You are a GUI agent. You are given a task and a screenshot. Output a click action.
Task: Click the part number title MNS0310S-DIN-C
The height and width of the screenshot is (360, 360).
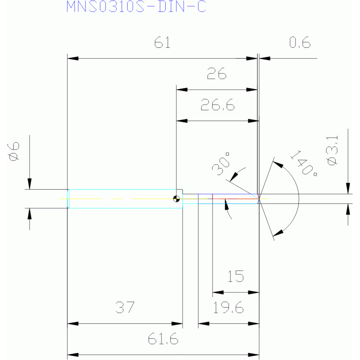point(136,7)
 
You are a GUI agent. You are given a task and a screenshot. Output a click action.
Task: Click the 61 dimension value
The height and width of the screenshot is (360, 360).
point(162,42)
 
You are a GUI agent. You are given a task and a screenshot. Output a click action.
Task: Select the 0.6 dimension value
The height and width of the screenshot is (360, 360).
point(299,42)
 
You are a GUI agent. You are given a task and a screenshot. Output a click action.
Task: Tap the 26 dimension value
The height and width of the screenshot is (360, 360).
point(216,74)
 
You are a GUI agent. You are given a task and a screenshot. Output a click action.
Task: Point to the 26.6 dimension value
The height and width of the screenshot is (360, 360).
point(218,105)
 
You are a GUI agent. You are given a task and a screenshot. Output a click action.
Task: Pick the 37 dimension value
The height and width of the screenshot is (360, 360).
point(125,307)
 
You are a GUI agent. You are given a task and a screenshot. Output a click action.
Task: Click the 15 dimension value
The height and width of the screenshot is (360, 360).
point(236,276)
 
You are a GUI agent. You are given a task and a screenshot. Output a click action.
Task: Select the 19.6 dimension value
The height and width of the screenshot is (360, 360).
point(228,307)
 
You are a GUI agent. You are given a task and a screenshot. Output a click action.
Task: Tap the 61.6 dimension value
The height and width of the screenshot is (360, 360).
point(163,339)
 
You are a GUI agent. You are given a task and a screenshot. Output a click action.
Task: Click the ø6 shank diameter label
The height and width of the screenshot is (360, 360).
point(14,151)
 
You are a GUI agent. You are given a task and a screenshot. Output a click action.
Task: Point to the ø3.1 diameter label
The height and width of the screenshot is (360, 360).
point(332,150)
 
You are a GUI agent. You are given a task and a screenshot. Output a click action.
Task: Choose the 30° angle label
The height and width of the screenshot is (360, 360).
point(221,164)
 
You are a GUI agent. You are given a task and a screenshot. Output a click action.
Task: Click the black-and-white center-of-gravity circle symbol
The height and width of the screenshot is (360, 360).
point(176,199)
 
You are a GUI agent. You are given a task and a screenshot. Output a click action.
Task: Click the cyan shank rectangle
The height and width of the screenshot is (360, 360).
point(125,199)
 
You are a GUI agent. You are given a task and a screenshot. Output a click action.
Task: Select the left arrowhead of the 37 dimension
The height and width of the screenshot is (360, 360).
point(73,324)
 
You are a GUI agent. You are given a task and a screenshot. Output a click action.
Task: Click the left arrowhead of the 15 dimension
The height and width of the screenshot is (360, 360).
point(218,292)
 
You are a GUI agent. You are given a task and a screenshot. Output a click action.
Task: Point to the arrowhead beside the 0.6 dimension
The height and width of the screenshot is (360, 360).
point(265,58)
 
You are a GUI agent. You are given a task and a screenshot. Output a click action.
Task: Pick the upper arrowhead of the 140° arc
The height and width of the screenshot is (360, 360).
point(278,164)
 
